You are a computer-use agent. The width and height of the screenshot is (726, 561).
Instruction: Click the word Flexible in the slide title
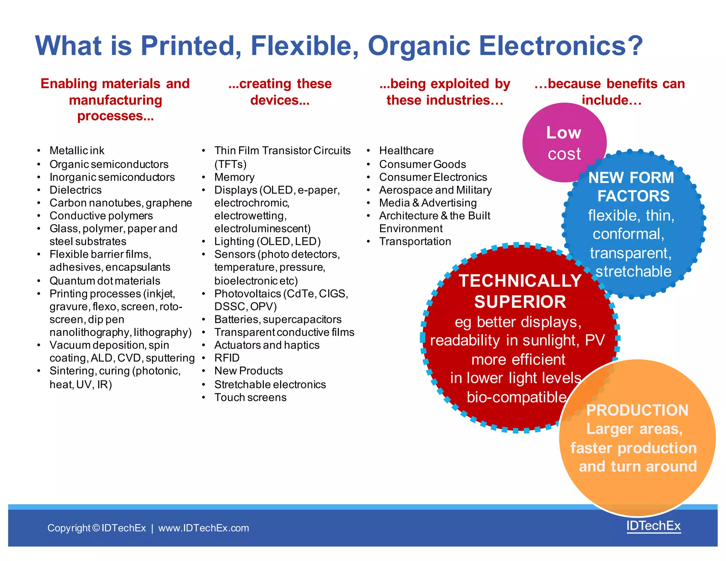click(304, 46)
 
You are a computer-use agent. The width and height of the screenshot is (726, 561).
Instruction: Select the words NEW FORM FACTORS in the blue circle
click(632, 187)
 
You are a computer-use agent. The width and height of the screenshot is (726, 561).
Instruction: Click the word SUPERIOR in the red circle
click(520, 302)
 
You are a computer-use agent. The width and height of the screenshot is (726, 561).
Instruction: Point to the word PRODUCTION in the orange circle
click(637, 410)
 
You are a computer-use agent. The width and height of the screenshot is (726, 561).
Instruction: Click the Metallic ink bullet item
click(77, 151)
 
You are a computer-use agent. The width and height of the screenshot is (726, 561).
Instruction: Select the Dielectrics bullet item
click(76, 190)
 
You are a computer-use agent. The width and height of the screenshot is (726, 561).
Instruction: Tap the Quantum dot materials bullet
click(105, 281)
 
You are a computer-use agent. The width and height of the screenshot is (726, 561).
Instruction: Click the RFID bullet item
click(227, 358)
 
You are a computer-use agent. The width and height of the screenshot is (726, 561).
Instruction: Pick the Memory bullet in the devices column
click(234, 177)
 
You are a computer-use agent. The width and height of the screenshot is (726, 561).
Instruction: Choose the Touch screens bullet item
click(250, 398)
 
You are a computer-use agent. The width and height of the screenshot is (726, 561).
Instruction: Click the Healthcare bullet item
click(406, 151)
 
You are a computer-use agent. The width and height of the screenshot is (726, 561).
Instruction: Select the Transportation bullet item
click(415, 241)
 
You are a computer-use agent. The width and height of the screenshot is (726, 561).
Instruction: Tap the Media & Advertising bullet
click(428, 203)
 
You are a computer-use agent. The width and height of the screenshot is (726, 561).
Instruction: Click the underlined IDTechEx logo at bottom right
click(653, 526)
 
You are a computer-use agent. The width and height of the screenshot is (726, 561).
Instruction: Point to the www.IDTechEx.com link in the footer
click(203, 528)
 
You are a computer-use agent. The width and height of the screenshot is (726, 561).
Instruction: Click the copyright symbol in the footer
click(96, 528)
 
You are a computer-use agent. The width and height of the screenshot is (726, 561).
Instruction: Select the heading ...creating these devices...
click(280, 92)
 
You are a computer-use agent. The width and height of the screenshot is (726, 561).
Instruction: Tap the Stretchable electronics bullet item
click(270, 385)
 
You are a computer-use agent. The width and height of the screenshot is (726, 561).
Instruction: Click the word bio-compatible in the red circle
click(516, 397)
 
